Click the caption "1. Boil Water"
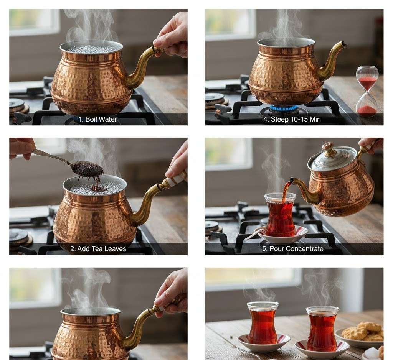click(x=97, y=119)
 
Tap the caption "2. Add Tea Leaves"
click(x=98, y=248)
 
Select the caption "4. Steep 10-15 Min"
click(x=292, y=119)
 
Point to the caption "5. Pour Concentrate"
click(x=292, y=248)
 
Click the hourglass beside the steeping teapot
click(x=367, y=90)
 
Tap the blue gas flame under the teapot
click(x=284, y=108)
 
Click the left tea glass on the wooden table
click(x=263, y=323)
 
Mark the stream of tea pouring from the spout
click(x=286, y=193)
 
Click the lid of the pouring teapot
click(x=332, y=158)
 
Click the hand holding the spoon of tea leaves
click(x=22, y=148)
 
